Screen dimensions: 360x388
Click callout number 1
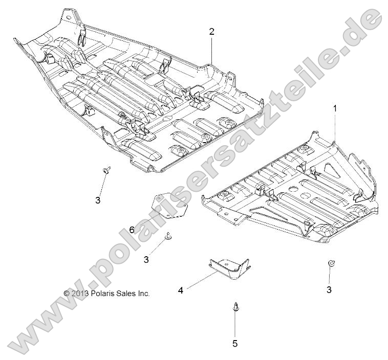point(335,108)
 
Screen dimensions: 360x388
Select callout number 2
point(211,31)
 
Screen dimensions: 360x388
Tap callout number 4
point(181,290)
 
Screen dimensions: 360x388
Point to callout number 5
point(235,344)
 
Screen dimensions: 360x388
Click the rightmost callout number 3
point(329,289)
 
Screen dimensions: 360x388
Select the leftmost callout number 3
point(98,200)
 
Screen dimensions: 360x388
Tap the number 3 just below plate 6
point(146,259)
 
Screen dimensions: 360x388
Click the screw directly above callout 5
point(234,307)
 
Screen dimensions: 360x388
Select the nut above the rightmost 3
point(332,263)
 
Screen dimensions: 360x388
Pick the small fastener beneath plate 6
point(168,236)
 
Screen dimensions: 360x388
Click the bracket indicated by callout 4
point(229,267)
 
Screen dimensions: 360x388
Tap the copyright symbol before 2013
point(67,294)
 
